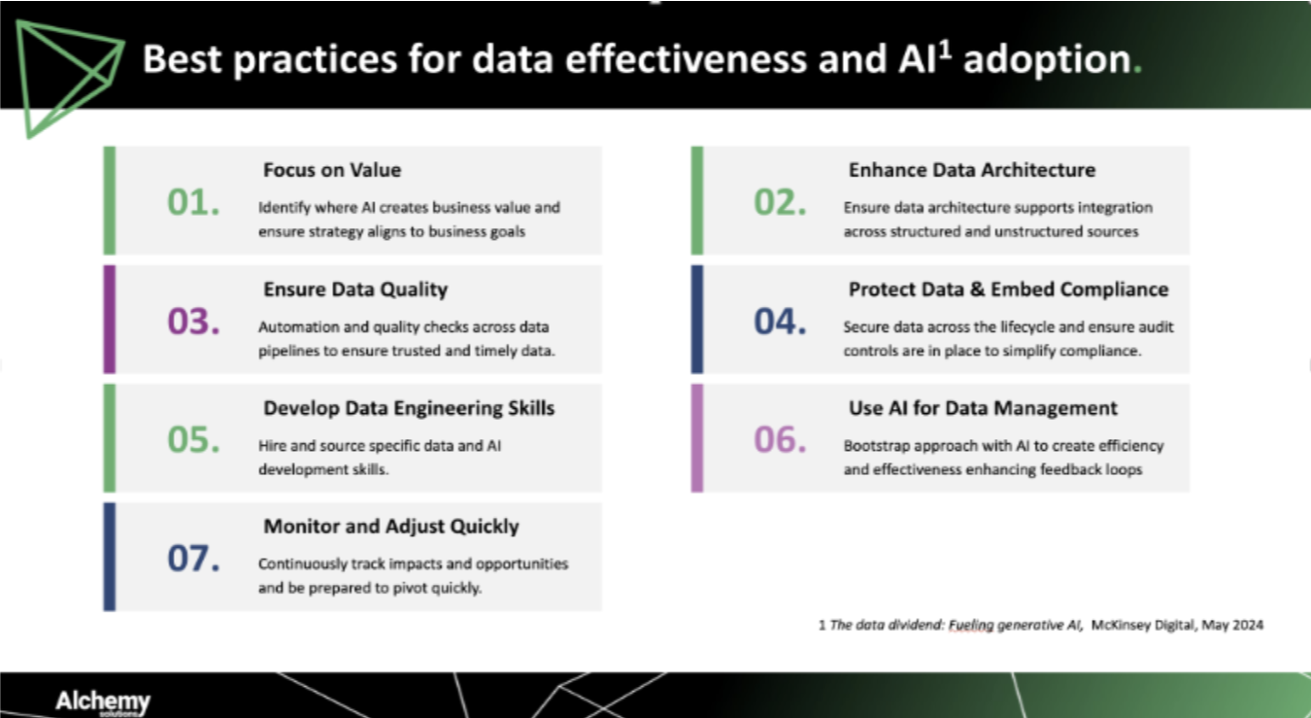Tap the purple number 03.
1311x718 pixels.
[x=193, y=321]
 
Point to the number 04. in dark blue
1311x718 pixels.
[x=780, y=321]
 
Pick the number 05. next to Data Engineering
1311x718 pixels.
[x=193, y=439]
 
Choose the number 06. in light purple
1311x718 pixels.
[x=780, y=439]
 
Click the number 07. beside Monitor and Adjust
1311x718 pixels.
[x=193, y=558]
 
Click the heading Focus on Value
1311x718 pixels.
[x=331, y=170]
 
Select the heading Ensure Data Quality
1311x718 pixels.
[x=355, y=290]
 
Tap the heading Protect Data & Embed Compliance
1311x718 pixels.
[x=1008, y=290]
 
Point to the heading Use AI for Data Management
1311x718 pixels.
[x=983, y=408]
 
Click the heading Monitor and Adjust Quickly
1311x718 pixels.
[x=391, y=527]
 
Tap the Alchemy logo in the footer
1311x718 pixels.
[x=102, y=701]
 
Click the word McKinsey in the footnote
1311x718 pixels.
[x=1123, y=626]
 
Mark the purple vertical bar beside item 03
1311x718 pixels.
[x=110, y=320]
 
